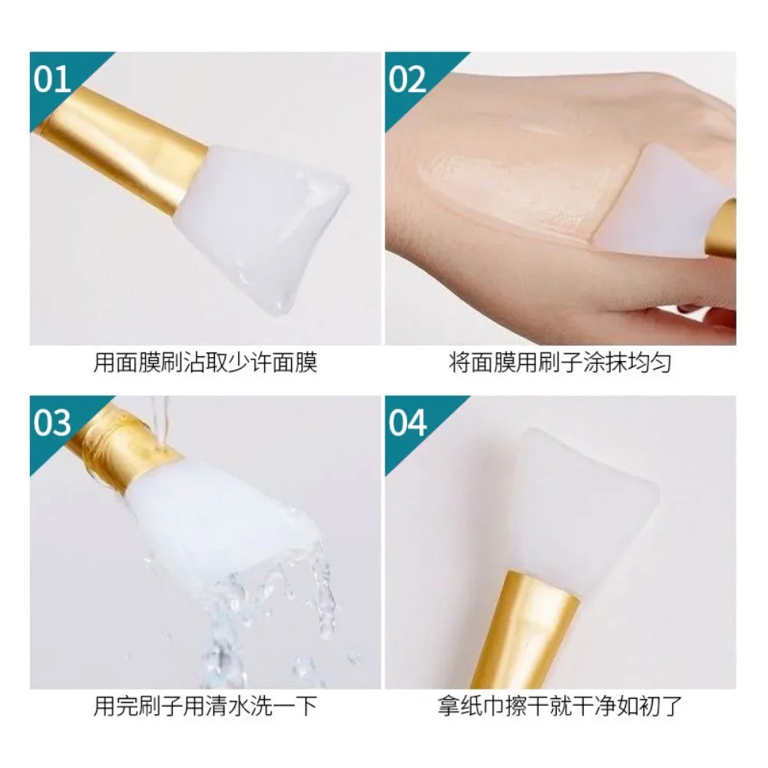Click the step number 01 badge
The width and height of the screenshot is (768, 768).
click(x=52, y=79)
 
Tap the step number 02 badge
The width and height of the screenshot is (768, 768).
click(x=407, y=79)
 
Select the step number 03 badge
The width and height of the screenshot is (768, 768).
click(x=52, y=422)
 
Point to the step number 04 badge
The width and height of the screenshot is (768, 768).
click(x=407, y=422)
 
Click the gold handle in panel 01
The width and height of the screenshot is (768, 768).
click(x=123, y=146)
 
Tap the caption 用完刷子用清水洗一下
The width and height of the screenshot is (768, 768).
click(x=205, y=706)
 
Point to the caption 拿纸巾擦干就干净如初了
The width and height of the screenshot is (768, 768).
click(x=560, y=706)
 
